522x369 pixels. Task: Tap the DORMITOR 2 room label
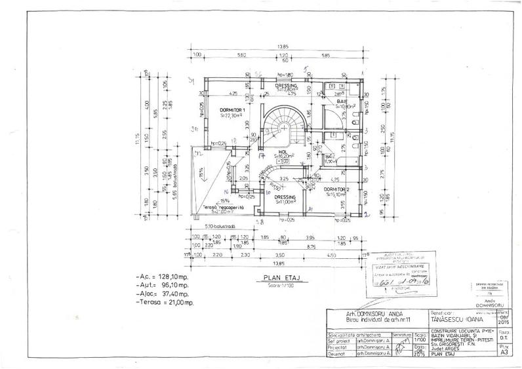[339, 188]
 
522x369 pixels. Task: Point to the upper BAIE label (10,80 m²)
[342, 102]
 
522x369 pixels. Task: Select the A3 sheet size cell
[503, 351]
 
